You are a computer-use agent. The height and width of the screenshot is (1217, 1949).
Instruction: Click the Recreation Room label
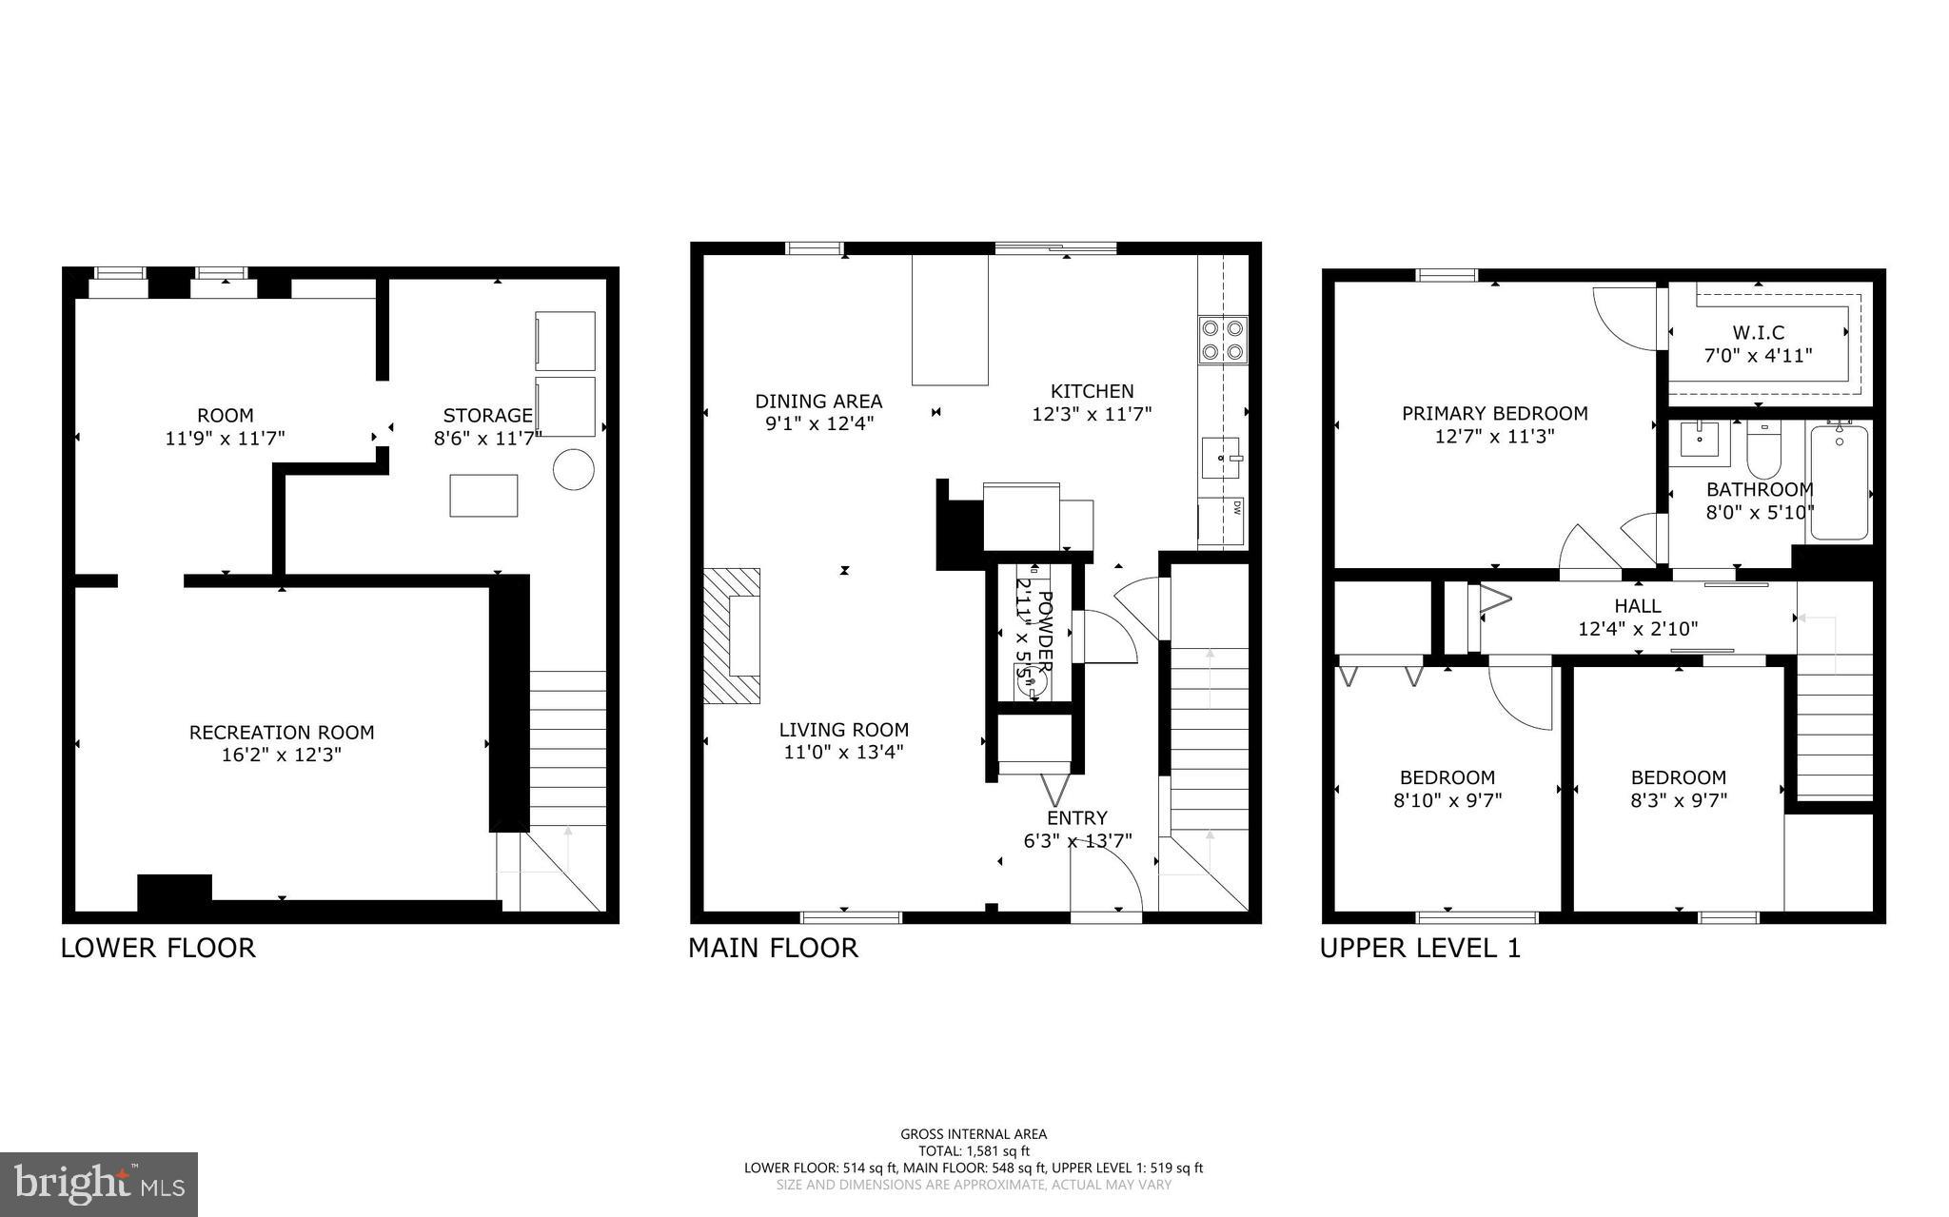pos(282,733)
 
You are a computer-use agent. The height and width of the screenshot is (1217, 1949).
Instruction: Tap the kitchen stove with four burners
pos(1222,340)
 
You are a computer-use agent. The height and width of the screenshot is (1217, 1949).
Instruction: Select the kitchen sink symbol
pos(1221,460)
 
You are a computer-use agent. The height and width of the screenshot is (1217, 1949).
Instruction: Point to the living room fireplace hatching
pos(732,636)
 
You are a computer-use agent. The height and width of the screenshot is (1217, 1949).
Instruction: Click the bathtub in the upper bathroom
pos(1839,483)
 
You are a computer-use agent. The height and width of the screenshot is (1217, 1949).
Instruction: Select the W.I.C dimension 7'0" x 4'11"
pos(1758,356)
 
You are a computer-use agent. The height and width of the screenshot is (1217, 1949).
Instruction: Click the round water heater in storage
pos(574,469)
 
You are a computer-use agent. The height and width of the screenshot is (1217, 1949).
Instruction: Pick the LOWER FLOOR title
pos(158,948)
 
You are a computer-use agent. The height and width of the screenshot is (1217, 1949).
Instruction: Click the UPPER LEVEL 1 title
pos(1420,948)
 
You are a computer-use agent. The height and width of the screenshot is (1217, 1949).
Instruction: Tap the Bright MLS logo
pos(99,1184)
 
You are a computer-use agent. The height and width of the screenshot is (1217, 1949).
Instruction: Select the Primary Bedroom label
pos(1494,414)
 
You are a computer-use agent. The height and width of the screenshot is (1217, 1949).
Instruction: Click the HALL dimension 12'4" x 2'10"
pos(1637,629)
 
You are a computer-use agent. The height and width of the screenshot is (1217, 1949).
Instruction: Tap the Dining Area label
pos(818,402)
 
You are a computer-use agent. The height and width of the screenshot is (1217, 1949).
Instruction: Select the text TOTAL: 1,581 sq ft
pos(973,1150)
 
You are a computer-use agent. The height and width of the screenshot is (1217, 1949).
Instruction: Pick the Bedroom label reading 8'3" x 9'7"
pos(1678,800)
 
